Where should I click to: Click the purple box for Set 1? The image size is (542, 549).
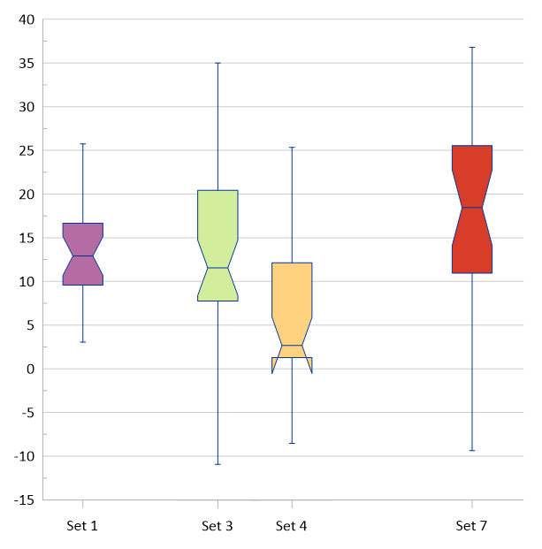[x=83, y=254]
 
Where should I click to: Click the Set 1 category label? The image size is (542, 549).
[x=82, y=526]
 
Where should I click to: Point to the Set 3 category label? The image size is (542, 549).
[x=218, y=526]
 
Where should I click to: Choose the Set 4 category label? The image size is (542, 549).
[x=292, y=526]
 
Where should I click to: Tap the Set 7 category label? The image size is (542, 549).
[x=471, y=526]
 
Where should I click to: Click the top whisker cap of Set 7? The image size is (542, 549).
[x=472, y=47]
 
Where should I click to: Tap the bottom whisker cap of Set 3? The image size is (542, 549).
[x=218, y=464]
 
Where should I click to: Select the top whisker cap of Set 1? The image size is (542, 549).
[x=83, y=143]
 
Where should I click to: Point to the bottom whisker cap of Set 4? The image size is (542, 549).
[x=292, y=443]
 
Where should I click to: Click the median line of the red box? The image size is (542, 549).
[x=472, y=207]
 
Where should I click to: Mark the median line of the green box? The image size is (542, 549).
[x=218, y=268]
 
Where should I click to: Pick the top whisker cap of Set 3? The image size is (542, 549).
[x=218, y=63]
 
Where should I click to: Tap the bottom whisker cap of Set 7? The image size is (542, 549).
[x=472, y=451]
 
